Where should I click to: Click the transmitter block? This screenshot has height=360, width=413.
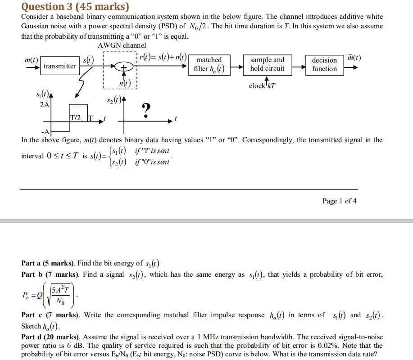[60, 66]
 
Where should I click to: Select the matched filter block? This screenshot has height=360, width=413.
[209, 65]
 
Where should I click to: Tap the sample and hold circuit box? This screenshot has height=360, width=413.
[268, 65]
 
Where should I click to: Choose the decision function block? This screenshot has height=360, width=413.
[324, 65]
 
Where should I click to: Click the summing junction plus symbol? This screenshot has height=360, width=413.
[124, 67]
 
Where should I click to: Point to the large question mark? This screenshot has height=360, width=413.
[146, 110]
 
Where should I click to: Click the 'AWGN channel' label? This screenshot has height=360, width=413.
[122, 45]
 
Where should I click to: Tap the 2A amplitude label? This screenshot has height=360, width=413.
[45, 105]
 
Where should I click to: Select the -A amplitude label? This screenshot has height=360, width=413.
[45, 131]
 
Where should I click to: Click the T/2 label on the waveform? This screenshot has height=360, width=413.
[76, 117]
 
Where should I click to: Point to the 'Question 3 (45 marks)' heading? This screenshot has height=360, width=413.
[75, 7]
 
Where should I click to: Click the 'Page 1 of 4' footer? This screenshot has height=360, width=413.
[340, 201]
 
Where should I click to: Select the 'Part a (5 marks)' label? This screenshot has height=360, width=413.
[49, 263]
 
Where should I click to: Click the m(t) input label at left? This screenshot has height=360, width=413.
[32, 60]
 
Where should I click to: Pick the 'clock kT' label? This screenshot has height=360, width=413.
[262, 86]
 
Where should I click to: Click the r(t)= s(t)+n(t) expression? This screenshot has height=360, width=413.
[163, 57]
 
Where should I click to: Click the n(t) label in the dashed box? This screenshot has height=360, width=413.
[125, 83]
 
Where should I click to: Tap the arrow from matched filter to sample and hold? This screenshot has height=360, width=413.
[237, 67]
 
